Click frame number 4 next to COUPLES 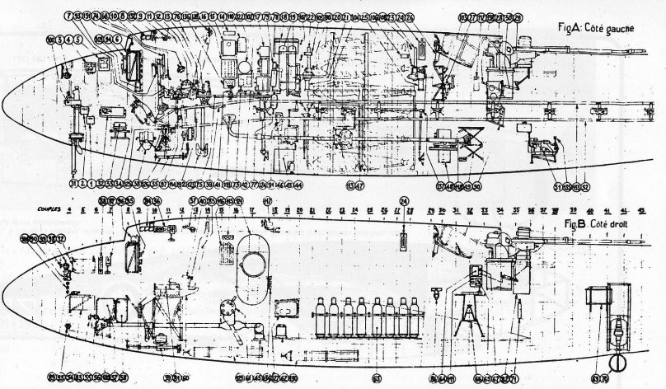[70, 210]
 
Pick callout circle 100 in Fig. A [51, 39]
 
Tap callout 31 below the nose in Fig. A [73, 183]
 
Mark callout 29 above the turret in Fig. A [518, 16]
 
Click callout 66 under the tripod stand [478, 377]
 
